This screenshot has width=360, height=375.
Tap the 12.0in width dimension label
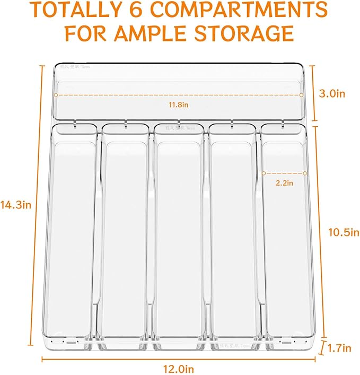click(179, 368)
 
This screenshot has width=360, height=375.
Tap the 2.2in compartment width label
click(286, 183)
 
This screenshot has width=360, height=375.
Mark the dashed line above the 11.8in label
click(179, 95)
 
